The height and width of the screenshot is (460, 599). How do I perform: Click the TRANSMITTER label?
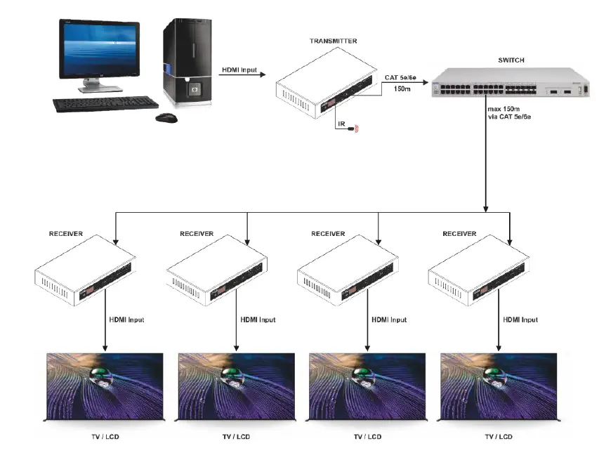coord(333,41)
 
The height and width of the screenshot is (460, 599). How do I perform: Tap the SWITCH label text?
coord(511,60)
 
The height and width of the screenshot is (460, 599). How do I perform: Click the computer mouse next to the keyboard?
coord(166,117)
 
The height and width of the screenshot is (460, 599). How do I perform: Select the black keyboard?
coord(105,104)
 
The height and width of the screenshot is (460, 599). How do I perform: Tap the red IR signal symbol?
coord(355,129)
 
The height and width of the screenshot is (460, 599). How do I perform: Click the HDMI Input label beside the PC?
coord(239,70)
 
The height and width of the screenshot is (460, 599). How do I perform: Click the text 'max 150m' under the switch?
coord(504,110)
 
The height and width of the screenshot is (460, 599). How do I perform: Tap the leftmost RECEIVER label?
coord(65,233)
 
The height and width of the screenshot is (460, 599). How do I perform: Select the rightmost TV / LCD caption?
coord(499,437)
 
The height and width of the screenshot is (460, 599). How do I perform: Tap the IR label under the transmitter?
coord(341,124)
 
